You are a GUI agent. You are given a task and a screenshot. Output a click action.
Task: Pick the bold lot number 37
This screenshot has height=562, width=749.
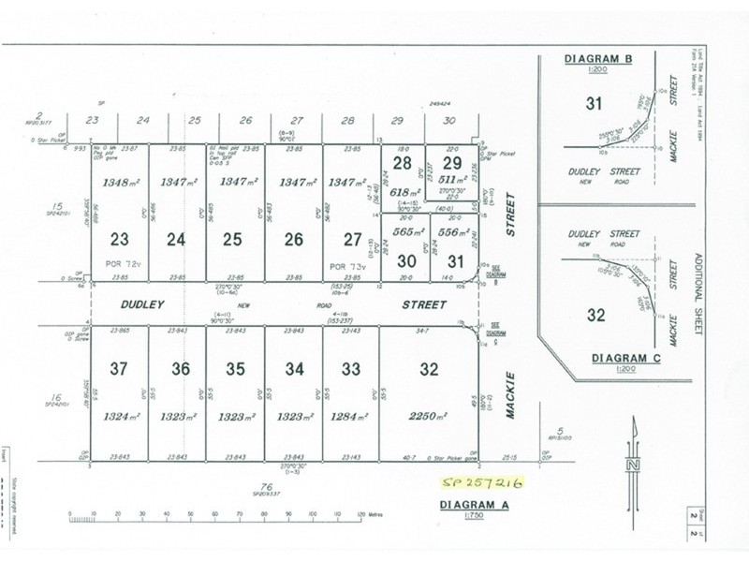(x=119, y=369)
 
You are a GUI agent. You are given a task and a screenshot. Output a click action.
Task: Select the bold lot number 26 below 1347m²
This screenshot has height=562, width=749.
(x=293, y=239)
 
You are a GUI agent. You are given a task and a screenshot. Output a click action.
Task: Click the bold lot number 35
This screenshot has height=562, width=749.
(x=235, y=369)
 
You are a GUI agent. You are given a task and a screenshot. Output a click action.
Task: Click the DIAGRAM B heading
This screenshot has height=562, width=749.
(x=598, y=59)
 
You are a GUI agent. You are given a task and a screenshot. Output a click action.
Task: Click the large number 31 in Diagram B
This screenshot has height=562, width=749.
(x=591, y=103)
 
